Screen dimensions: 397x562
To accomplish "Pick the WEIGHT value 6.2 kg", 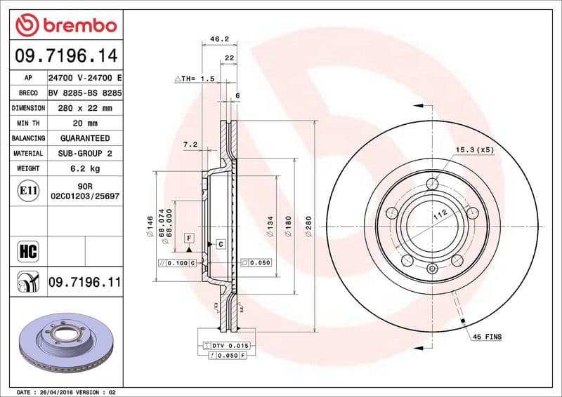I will point(84,168).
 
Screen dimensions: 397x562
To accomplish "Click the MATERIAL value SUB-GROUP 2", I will point(84,153).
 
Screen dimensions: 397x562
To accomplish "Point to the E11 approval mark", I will point(28,189).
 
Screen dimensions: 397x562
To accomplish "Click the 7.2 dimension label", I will point(190,144).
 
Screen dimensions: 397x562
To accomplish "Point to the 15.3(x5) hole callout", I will point(475,150).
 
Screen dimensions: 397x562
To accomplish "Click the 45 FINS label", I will point(488,337).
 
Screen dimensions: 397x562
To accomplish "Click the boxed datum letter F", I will point(189,238).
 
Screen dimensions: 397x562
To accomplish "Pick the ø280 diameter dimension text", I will point(308,229).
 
